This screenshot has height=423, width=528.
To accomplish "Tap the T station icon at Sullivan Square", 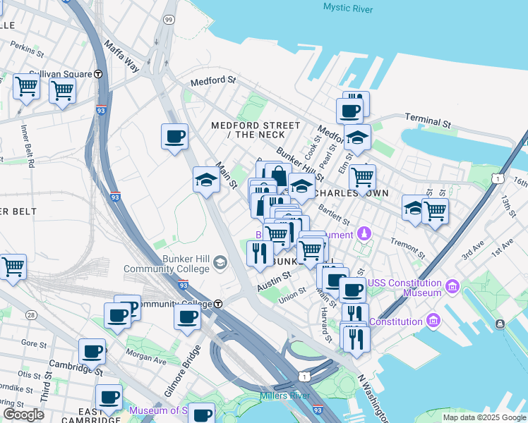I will click(x=98, y=74).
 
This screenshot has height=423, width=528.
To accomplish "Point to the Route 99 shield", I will click(x=168, y=20).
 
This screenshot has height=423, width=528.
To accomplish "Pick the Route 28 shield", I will click(x=30, y=314).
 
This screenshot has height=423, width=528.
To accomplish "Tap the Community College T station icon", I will click(x=219, y=304).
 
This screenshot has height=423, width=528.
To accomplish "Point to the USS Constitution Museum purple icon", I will click(x=452, y=288).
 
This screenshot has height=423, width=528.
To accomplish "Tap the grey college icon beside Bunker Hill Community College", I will click(x=220, y=263).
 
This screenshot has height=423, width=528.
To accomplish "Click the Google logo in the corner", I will click(x=23, y=414).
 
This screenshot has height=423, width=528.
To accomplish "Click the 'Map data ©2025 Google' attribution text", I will click(x=484, y=417).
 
